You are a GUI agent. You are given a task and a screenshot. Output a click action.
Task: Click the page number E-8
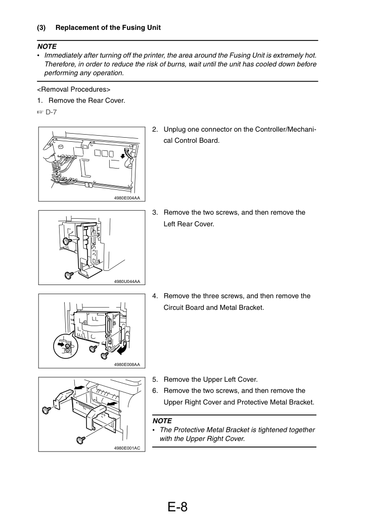coord(177,507)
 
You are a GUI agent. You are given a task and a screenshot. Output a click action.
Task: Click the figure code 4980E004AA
coord(127,198)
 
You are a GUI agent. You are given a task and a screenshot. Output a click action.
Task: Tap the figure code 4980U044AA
coord(127,281)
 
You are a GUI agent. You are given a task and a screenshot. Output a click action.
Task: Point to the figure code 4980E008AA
coord(127,365)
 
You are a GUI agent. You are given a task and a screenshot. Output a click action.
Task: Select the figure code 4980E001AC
coord(127,448)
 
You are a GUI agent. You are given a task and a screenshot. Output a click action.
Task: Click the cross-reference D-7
coord(51,112)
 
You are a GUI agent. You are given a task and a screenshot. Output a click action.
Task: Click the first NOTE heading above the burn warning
coord(47,47)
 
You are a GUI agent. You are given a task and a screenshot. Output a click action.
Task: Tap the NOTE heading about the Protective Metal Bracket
coord(162,421)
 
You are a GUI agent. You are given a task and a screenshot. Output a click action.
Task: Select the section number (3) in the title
coord(41,28)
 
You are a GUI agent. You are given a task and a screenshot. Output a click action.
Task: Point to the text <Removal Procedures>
coord(74,89)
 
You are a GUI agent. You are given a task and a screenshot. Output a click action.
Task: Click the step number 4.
coord(155,296)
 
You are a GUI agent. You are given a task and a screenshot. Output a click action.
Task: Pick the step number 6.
coord(155,390)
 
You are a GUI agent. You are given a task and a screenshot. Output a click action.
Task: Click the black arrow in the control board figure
coord(123,155)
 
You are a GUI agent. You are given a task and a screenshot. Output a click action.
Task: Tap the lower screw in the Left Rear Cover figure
coord(69,275)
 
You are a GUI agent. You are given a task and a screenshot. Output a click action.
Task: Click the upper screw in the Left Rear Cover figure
coord(68,240)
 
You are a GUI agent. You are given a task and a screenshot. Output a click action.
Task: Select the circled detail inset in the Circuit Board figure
coord(66,346)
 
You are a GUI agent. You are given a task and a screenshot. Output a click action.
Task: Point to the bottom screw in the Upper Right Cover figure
coord(80,440)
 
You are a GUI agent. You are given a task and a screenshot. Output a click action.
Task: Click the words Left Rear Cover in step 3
coord(189,224)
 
